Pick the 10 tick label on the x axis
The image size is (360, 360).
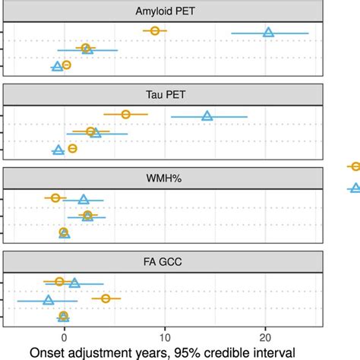tap(165, 336)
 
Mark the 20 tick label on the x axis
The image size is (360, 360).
tap(266, 336)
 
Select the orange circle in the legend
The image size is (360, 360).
tap(354, 166)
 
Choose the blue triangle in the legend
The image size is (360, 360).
tap(354, 188)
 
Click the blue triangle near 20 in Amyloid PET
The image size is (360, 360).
tap(268, 32)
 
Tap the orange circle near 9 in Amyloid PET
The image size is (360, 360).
tap(155, 30)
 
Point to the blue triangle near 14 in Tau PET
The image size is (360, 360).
tap(207, 115)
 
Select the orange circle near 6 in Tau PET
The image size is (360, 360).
tap(126, 114)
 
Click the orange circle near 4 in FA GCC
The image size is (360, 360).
tap(106, 298)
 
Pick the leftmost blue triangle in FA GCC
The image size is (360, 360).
tap(49, 300)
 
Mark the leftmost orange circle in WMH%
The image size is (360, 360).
tap(55, 197)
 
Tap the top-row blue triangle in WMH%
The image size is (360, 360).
tap(84, 200)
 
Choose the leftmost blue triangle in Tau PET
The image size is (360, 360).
tap(58, 150)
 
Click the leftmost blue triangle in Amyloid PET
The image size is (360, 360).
tap(57, 67)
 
